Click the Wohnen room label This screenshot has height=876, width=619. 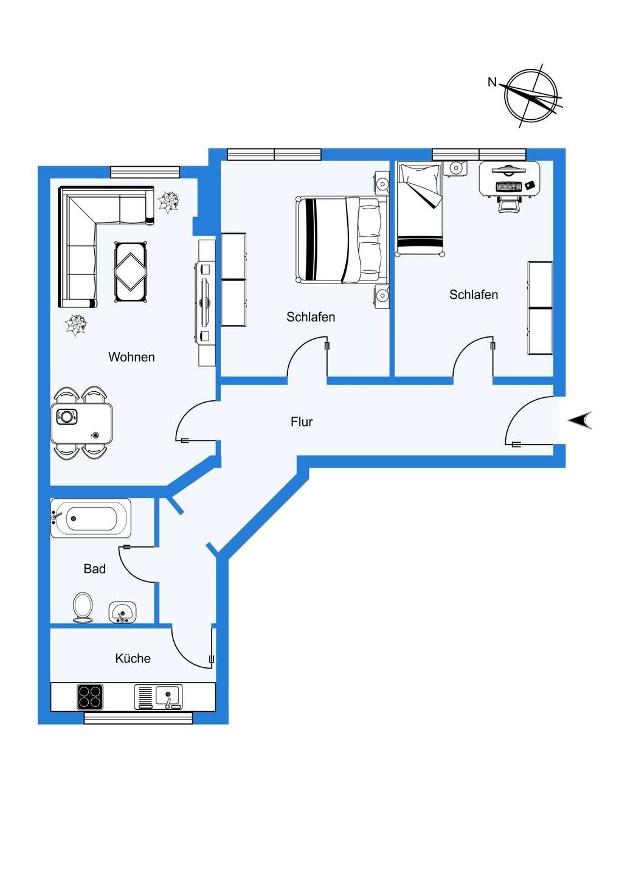[x=131, y=356]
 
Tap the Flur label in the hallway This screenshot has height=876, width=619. [x=302, y=422]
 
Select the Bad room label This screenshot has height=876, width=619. [x=95, y=569]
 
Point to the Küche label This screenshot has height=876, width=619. [x=133, y=658]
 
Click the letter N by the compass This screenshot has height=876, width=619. [x=493, y=82]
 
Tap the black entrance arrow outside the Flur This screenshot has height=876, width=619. [x=580, y=420]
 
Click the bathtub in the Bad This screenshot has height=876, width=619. [x=91, y=518]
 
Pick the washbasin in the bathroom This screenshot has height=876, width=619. [x=122, y=612]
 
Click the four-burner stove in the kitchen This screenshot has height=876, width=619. [x=90, y=697]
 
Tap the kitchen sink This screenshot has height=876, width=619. [x=158, y=697]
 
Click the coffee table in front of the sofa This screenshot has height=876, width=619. [x=131, y=272]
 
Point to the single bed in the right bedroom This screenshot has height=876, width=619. [x=420, y=209]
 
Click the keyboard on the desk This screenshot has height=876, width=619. [x=509, y=186]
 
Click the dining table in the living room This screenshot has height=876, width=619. [x=81, y=423]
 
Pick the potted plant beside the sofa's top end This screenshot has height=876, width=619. [x=168, y=202]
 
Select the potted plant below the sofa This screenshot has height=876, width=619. [x=76, y=325]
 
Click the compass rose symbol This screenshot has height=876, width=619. [x=531, y=95]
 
